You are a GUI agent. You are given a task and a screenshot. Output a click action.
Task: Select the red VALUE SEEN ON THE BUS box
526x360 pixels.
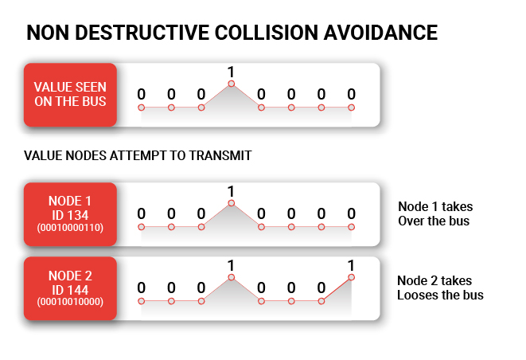[70, 94]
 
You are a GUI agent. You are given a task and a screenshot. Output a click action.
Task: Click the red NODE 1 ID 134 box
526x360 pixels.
[70, 213]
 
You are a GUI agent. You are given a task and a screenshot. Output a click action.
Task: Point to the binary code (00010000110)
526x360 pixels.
[70, 228]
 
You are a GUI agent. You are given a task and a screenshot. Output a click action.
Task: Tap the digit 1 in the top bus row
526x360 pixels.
[231, 72]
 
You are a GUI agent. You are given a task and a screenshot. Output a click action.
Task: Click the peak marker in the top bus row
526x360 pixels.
[231, 84]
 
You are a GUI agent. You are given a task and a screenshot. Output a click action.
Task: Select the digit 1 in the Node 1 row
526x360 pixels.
[231, 191]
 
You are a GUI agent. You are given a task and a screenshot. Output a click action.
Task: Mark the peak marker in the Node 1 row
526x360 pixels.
[231, 203]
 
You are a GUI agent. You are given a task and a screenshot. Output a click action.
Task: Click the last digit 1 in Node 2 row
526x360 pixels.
[351, 265]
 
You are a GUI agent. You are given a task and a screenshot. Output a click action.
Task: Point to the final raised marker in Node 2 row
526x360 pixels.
[351, 277]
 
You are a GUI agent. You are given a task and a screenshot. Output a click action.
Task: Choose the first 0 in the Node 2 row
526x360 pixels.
[141, 288]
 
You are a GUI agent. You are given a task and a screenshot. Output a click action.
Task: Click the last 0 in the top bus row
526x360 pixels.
[351, 95]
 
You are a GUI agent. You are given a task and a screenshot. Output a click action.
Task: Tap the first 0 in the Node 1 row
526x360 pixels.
[141, 213]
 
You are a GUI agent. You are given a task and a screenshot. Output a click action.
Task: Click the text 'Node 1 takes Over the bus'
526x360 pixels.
[434, 213]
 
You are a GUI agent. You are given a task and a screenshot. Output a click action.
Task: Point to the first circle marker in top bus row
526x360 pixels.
[141, 108]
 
